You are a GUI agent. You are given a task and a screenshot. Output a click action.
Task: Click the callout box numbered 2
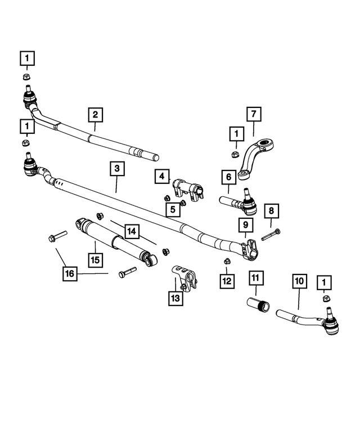click(x=96, y=115)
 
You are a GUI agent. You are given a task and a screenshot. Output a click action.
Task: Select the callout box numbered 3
click(x=117, y=169)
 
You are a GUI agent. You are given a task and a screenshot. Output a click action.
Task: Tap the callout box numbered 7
click(x=254, y=114)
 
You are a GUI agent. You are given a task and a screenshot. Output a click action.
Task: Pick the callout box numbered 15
click(x=95, y=260)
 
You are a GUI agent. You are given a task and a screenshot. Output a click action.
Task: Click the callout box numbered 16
click(x=70, y=273)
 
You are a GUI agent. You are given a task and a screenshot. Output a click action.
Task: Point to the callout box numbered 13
click(x=176, y=299)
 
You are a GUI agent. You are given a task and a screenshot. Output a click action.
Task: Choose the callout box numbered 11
click(x=255, y=278)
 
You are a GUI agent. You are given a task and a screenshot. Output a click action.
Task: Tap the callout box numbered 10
click(x=299, y=281)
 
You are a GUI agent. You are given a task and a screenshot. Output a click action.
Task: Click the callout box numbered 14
click(x=132, y=231)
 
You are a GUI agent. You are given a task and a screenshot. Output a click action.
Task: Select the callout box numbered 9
click(x=245, y=225)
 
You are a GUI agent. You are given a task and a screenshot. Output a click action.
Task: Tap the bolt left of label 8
click(x=271, y=235)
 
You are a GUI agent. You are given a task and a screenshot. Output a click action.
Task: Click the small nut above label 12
click(x=227, y=261)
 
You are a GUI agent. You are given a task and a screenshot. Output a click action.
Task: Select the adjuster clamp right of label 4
click(x=188, y=190)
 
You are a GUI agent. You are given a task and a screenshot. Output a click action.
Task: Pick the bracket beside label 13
click(x=184, y=279)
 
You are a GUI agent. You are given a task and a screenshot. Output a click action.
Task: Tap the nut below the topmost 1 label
click(x=27, y=76)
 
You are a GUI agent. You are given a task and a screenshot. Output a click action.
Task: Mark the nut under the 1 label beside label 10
click(x=326, y=298)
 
